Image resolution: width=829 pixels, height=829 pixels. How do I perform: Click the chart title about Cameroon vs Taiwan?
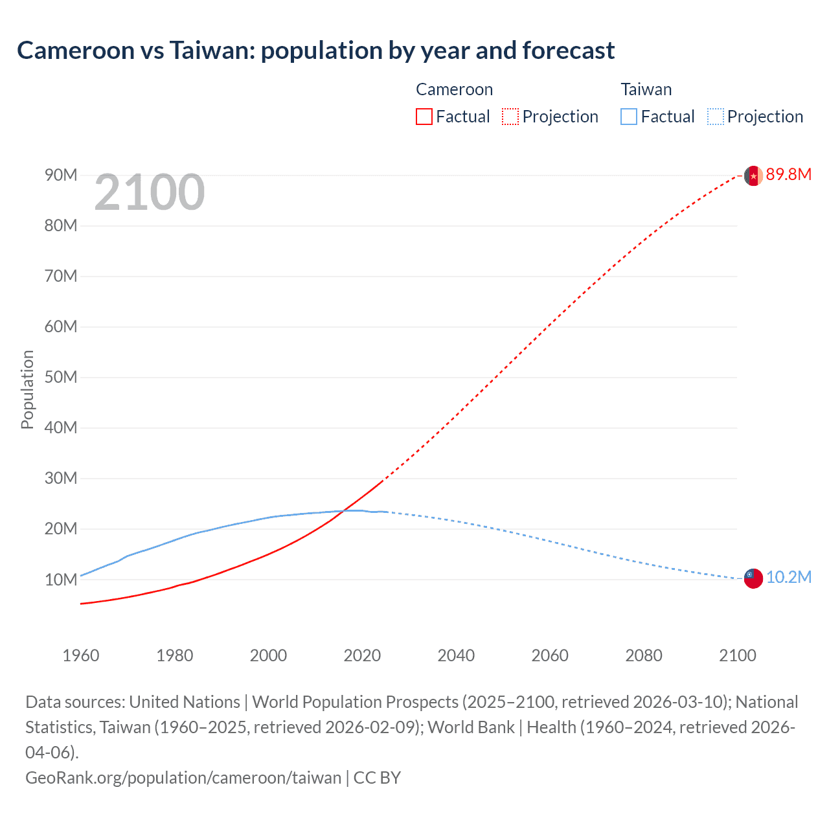[315, 51]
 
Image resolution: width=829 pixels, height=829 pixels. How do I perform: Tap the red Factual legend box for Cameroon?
[424, 117]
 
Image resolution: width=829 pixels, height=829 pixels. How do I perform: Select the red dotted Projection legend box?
[510, 117]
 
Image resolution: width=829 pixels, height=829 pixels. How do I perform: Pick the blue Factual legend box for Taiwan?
[628, 117]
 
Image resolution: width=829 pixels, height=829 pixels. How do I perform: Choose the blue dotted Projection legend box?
[715, 117]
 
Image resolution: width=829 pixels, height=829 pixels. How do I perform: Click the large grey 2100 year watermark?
[150, 192]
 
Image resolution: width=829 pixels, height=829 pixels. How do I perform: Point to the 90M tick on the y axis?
[61, 176]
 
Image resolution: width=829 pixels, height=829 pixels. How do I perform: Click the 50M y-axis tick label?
[61, 378]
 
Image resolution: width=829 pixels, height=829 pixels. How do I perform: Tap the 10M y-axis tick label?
[61, 580]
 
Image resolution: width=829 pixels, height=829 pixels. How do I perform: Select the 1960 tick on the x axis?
[81, 655]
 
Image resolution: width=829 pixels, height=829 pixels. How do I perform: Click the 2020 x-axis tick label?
[362, 655]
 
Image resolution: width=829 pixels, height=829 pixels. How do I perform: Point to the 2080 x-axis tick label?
[644, 655]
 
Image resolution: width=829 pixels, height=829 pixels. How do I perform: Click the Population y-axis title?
[27, 389]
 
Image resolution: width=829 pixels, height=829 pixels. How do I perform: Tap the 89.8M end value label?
[788, 174]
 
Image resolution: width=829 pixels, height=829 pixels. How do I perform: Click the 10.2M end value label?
[788, 577]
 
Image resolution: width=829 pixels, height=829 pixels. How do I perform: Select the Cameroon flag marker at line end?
[753, 176]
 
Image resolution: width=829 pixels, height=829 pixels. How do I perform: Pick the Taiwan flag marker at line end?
[753, 578]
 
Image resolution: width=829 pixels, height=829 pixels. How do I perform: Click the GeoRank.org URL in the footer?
[183, 777]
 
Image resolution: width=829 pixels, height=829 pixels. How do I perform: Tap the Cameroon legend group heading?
[454, 89]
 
